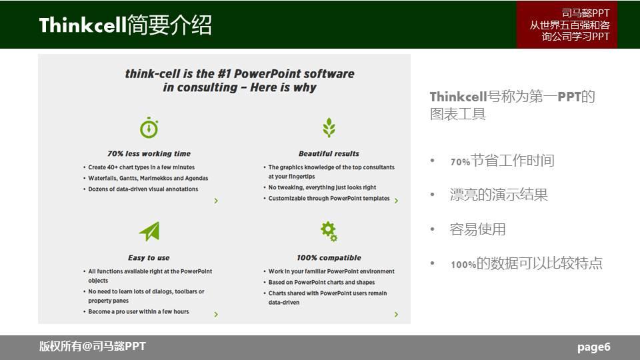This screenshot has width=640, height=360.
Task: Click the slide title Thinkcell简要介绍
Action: coord(125,25)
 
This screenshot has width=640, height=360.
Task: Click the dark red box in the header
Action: coord(567,25)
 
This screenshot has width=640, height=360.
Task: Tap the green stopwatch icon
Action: coord(149,127)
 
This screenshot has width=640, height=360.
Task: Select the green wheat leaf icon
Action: coord(329,127)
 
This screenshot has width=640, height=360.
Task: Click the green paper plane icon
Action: coord(149,231)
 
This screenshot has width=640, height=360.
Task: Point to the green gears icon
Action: coord(329,231)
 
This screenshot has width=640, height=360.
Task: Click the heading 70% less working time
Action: coord(149,153)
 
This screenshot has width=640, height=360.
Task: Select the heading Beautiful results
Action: coord(329,153)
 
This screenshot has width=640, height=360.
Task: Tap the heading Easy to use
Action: coord(149,257)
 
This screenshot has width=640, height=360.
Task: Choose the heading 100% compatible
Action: coord(329,257)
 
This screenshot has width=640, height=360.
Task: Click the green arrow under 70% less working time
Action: coord(216,201)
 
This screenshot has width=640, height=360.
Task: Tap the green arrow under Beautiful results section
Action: coord(396,201)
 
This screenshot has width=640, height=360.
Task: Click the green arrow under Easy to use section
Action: coord(216,314)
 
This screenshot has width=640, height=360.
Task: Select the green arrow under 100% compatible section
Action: coord(396,314)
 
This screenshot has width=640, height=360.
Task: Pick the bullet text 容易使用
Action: coord(477,229)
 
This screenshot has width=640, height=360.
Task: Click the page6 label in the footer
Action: coord(593,347)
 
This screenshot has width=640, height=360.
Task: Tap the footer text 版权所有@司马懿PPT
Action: coord(92,347)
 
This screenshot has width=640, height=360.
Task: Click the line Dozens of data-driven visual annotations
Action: coord(143,189)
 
